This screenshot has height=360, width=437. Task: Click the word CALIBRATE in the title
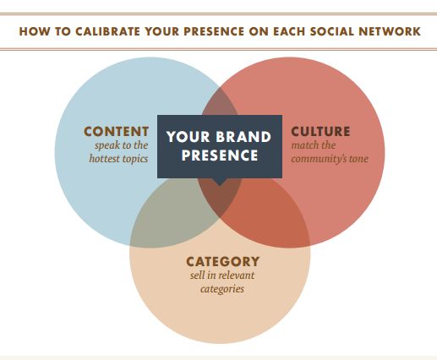point(107,31)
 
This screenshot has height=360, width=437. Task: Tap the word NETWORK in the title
point(390,31)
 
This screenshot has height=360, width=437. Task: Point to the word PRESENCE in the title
point(214,31)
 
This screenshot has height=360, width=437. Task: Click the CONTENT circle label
point(117,131)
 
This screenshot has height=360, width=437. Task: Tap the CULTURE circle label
point(320,131)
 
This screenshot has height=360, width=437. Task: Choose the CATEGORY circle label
point(222,261)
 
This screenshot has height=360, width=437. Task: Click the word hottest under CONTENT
point(103,159)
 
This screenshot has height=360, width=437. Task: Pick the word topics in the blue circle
point(134,159)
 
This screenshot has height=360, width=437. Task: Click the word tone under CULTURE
point(358,159)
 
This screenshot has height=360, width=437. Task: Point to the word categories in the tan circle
point(222,289)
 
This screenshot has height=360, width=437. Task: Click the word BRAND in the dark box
point(243,137)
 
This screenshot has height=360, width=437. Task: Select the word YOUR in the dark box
point(188,137)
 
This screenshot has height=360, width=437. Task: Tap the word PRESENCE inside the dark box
point(220,155)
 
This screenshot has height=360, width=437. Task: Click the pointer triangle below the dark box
point(220,182)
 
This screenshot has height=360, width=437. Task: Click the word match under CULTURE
point(303,145)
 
